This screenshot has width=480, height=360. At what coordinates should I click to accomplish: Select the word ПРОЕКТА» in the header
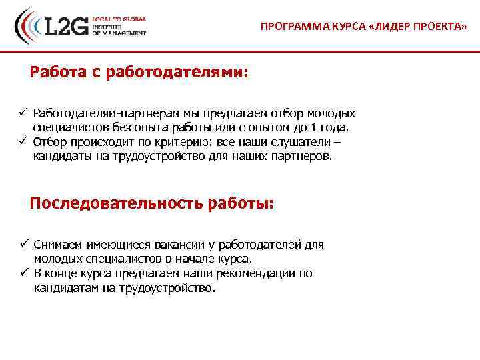click(439, 27)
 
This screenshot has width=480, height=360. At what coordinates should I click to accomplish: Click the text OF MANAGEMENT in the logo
click(119, 33)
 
